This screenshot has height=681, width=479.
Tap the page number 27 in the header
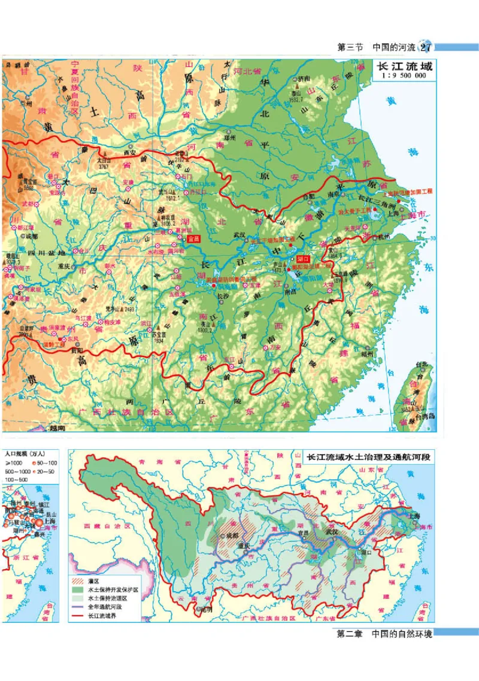coord(427,47)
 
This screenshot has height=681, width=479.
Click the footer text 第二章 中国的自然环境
coord(384,634)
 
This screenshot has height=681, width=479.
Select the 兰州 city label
coord(25,101)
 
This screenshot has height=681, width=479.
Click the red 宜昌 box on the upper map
coord(193,238)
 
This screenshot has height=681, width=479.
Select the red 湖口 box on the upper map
coord(303,258)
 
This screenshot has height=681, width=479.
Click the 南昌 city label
coord(292,293)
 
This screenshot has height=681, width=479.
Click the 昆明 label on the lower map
coord(205,609)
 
